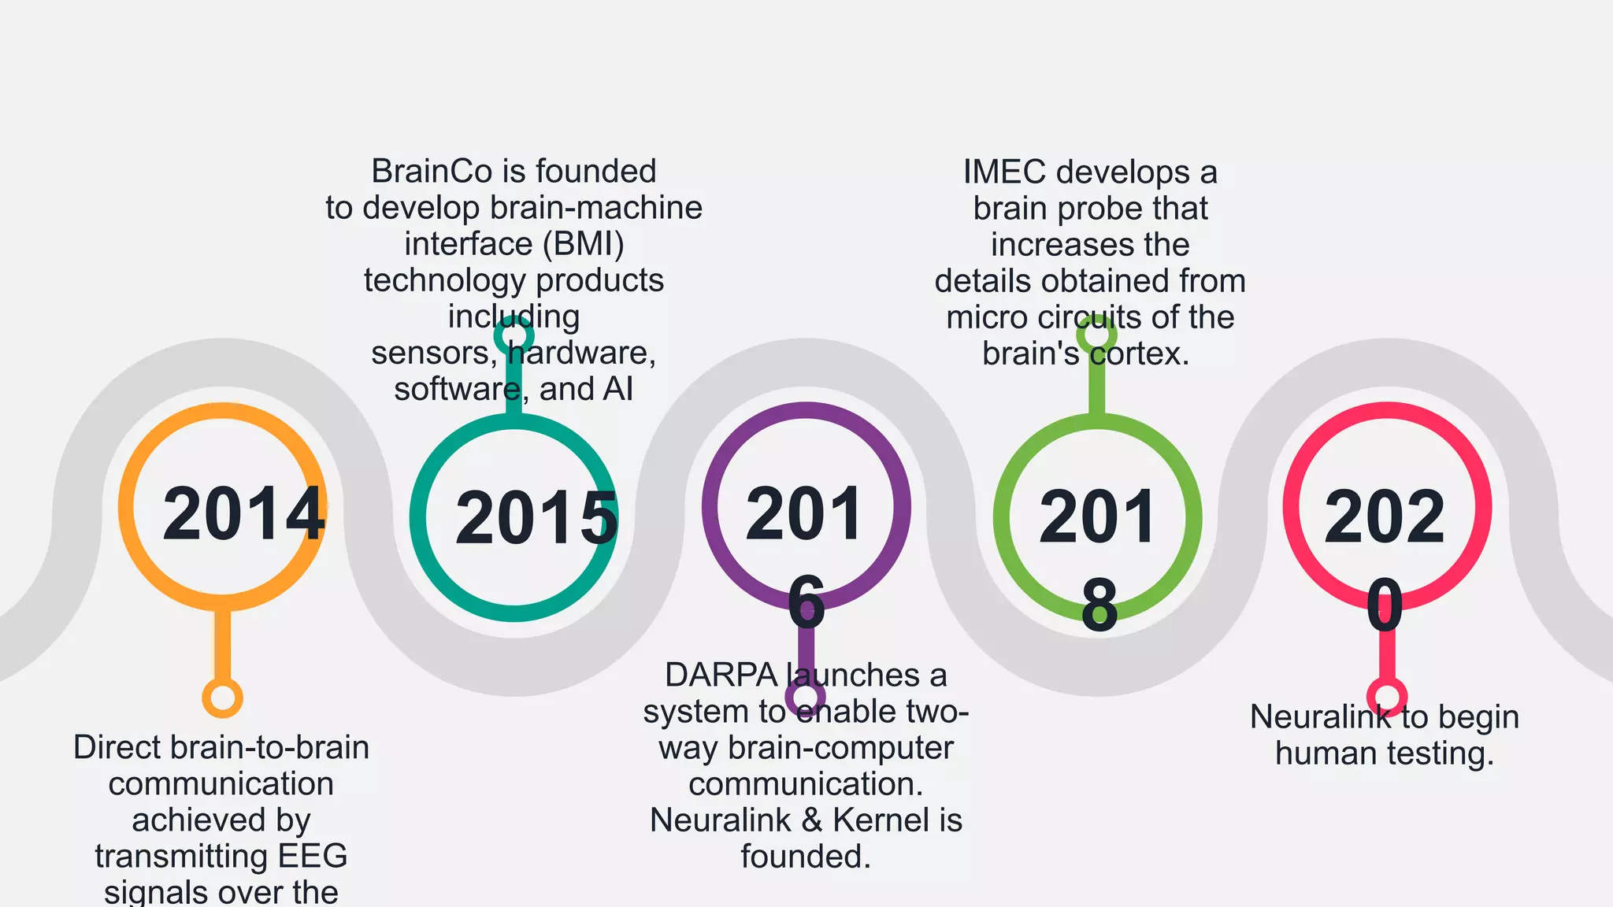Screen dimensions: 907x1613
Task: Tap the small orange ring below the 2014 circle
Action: tap(222, 698)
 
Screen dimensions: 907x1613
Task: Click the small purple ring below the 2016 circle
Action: tap(805, 698)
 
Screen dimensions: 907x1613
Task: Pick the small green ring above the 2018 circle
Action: tap(1096, 334)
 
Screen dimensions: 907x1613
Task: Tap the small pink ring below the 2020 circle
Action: tap(1387, 696)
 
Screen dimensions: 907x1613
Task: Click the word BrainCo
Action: tap(432, 171)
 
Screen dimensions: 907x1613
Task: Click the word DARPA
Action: tap(721, 675)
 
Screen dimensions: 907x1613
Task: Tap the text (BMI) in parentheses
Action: tap(584, 244)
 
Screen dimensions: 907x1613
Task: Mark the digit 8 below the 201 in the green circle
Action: tap(1099, 605)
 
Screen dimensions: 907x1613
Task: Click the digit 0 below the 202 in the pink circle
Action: tap(1385, 605)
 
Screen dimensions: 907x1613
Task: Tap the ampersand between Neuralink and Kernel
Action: tap(812, 820)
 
